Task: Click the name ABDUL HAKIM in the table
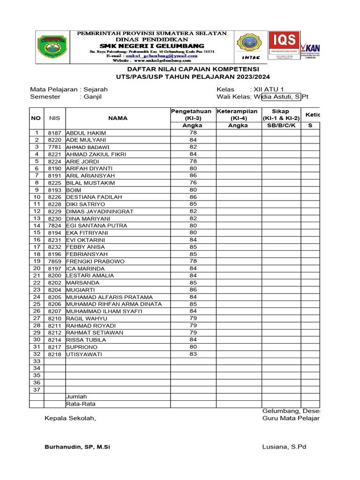click(86, 133)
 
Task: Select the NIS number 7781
click(55, 147)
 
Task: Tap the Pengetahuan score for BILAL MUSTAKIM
click(193, 182)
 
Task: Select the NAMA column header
click(118, 118)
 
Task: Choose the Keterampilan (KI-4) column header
click(238, 114)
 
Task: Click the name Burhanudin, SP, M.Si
click(77, 447)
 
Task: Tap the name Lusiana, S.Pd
click(284, 447)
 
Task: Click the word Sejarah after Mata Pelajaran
click(96, 89)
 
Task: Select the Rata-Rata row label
click(81, 404)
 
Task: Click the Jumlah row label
click(76, 397)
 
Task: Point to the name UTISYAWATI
click(84, 354)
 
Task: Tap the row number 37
click(36, 390)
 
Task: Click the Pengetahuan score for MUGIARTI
click(193, 290)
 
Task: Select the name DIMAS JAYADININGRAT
click(100, 211)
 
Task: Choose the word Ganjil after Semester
click(93, 97)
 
